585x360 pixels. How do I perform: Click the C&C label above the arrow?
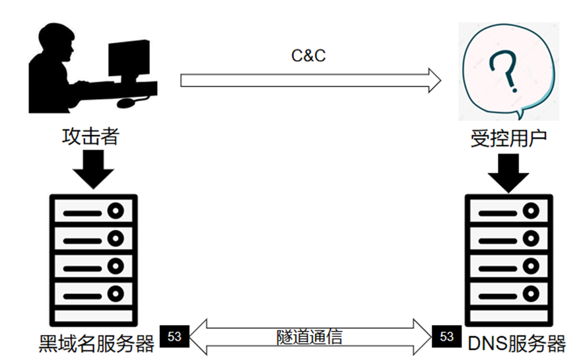(308, 55)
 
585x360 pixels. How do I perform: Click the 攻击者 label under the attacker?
(90, 137)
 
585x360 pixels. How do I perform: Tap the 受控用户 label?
(508, 139)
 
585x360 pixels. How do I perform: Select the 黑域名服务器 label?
(96, 342)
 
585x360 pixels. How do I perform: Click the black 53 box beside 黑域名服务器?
(174, 336)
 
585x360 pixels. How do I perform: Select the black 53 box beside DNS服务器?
(447, 336)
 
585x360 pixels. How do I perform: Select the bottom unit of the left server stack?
(92, 293)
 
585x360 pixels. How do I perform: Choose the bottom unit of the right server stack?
(508, 293)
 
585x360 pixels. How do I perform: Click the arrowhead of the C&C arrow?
(433, 80)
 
